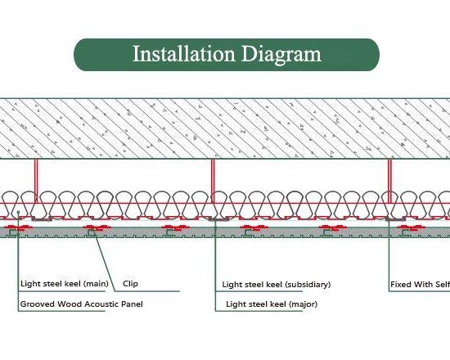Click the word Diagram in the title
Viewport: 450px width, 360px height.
tap(281, 55)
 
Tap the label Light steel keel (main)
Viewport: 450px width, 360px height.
tap(65, 284)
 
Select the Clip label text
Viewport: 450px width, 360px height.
tap(131, 284)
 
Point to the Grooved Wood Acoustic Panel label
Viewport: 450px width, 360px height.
tap(82, 304)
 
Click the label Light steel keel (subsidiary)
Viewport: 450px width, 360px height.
tap(277, 285)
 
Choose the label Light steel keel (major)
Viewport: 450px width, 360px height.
tap(272, 304)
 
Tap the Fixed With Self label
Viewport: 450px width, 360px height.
tap(421, 285)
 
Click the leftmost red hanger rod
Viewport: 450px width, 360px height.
tap(36, 181)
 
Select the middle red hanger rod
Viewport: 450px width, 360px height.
tap(213, 181)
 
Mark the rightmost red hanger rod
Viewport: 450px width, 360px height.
tap(389, 181)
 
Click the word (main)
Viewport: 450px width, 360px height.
tap(96, 284)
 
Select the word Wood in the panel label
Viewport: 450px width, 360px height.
tap(65, 304)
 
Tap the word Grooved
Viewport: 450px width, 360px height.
tap(38, 304)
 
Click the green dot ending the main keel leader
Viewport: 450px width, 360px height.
tap(18, 212)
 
